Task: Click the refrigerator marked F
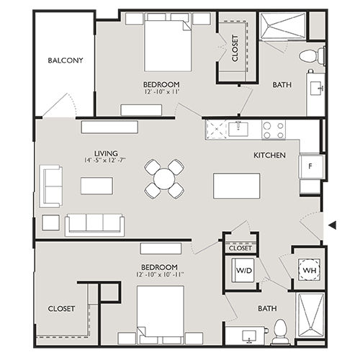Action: (311, 166)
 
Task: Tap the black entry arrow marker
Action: (332, 225)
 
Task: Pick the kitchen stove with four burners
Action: (272, 130)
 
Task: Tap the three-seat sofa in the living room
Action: (95, 224)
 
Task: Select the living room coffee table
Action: (96, 186)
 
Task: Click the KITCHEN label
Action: (270, 156)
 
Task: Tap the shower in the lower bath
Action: (310, 318)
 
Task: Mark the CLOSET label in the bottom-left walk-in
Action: (61, 308)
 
